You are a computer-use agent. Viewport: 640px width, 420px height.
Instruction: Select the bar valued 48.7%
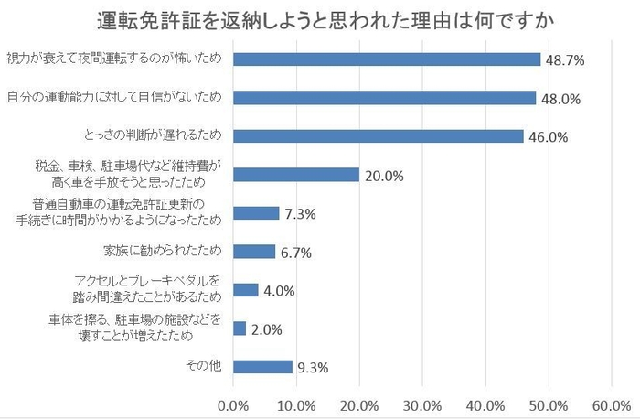pyautogui.click(x=387, y=59)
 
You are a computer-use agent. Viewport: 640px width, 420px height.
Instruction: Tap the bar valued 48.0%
pyautogui.click(x=384, y=98)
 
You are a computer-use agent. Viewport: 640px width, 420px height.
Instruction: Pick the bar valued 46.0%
pyautogui.click(x=379, y=136)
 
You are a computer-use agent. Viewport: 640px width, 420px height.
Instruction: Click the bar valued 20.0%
pyautogui.click(x=296, y=175)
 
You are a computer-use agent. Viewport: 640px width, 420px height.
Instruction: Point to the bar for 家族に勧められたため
pyautogui.click(x=254, y=252)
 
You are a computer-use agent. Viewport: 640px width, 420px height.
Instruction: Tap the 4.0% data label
pyautogui.click(x=280, y=291)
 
